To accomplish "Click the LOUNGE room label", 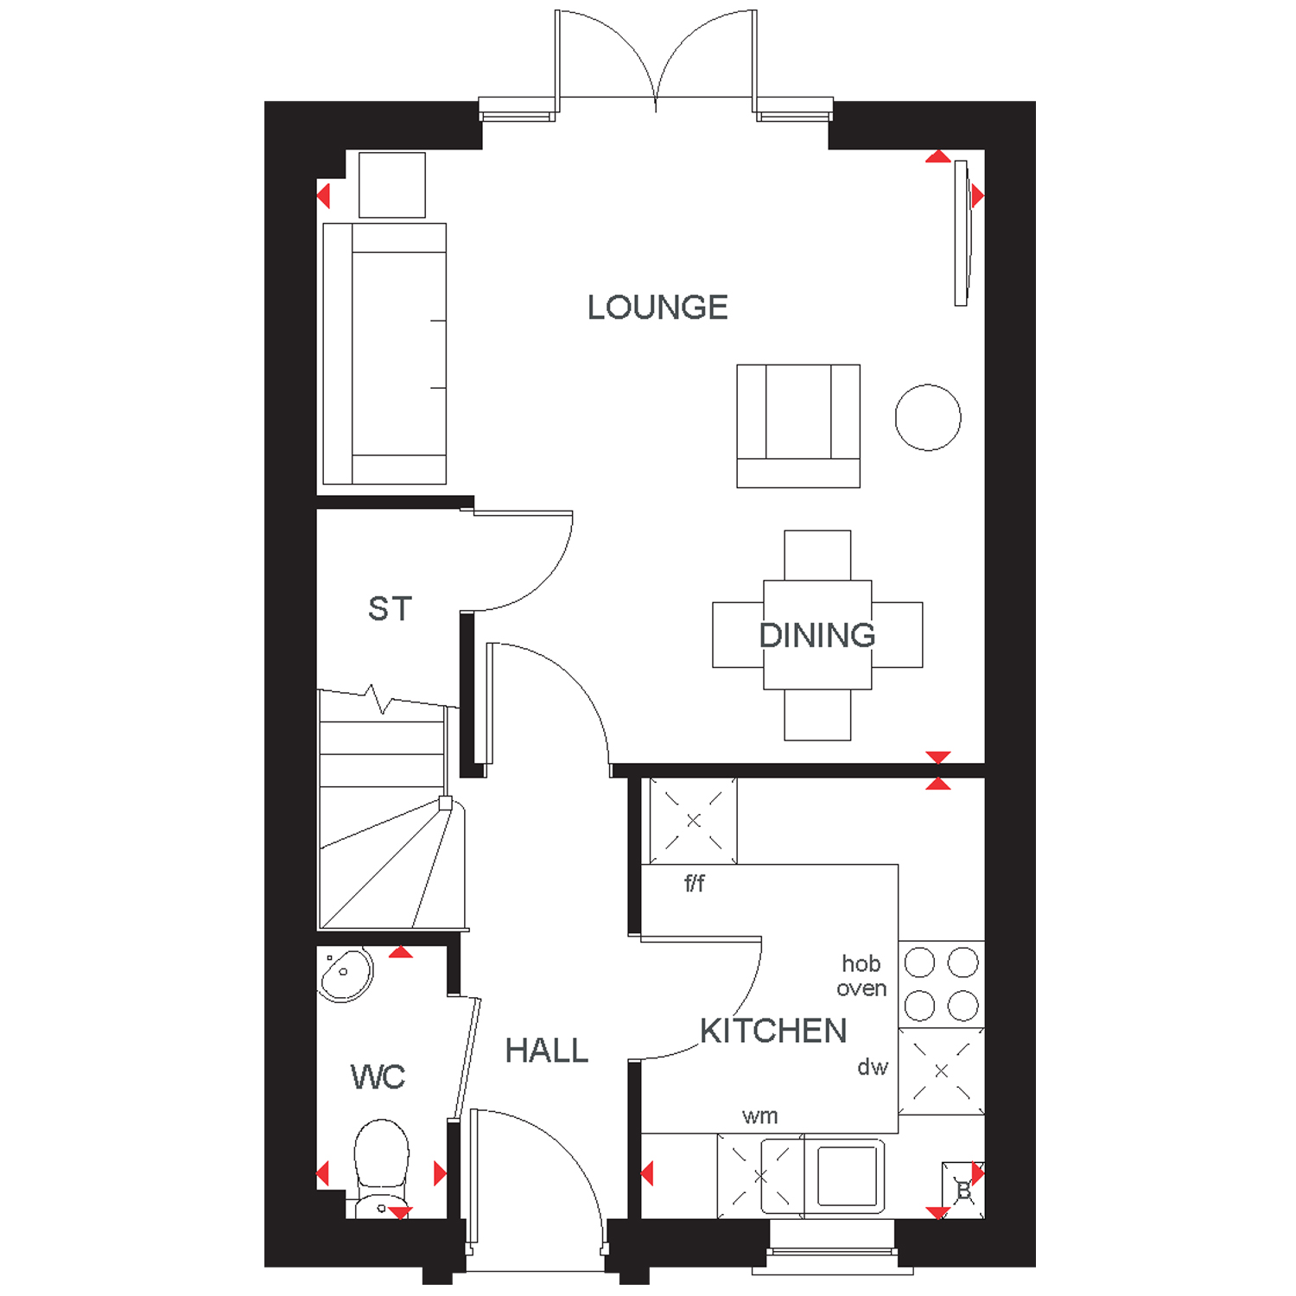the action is pos(658,308).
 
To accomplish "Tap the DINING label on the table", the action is pos(817,635).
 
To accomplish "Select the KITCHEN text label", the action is pos(773,1031).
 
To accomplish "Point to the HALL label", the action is pos(547,1051).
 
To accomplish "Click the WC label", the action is pos(378,1077).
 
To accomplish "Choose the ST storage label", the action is pos(391,609).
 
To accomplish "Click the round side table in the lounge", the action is pos(928,417).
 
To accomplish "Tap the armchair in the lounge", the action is pos(798,426).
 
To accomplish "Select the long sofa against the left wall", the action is pos(384,353).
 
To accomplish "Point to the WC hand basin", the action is pos(346,974).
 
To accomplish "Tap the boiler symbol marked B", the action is pos(963,1191).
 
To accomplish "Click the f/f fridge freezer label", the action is pos(695,883).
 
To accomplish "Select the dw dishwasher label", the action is pos(873,1067).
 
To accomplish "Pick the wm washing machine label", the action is pos(760,1116).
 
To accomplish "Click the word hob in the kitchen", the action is pos(861,963).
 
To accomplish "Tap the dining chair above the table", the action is pos(817,556).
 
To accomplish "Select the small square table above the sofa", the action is pos(392,185).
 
